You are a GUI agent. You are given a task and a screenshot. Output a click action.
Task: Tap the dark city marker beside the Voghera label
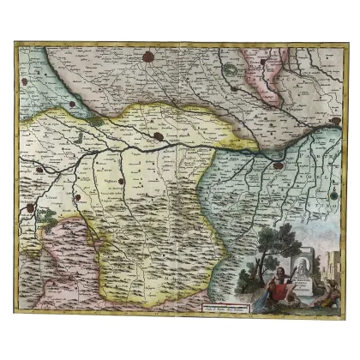[123, 181]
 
